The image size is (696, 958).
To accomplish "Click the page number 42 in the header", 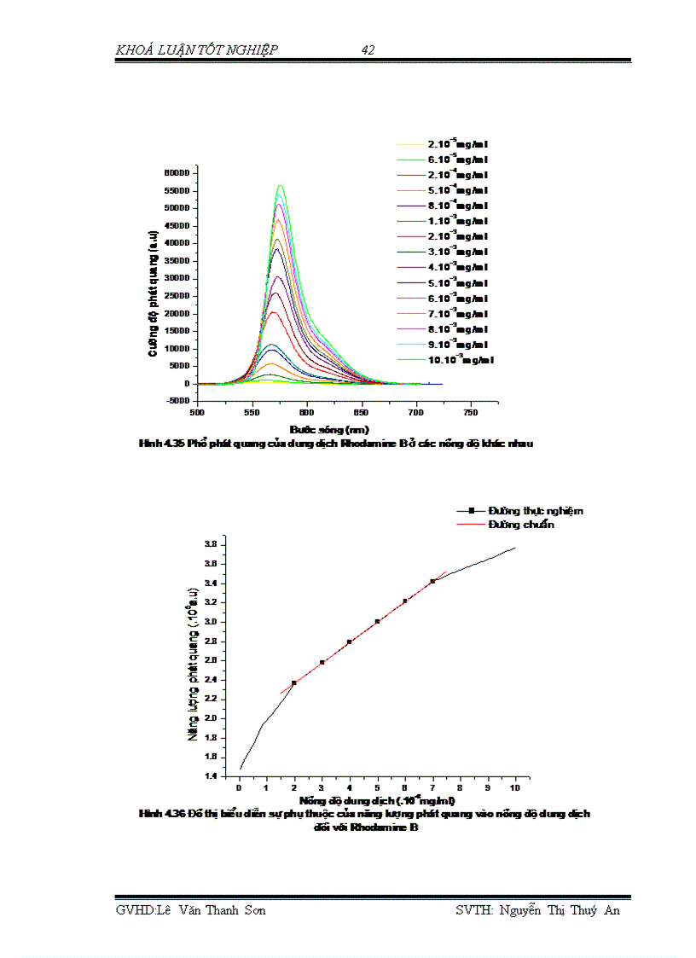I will click(368, 50).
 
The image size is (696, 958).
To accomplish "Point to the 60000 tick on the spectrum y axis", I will click(179, 173).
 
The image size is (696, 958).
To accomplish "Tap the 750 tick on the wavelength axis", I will click(471, 413).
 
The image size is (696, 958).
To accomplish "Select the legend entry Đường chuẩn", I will click(521, 525).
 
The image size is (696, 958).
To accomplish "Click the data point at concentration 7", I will click(433, 581).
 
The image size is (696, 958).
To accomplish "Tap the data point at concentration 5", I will click(377, 621).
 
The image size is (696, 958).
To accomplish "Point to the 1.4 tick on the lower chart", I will click(209, 776).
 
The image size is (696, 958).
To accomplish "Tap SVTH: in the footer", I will click(475, 910).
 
